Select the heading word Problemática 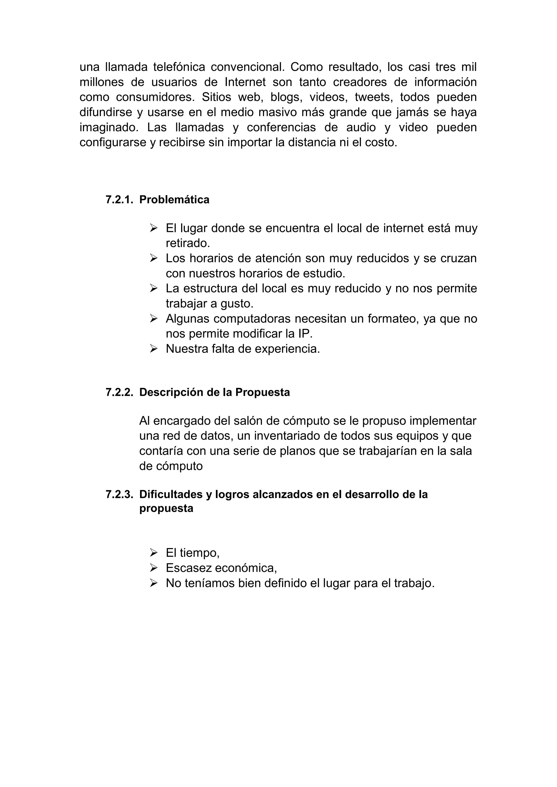pyautogui.click(x=174, y=200)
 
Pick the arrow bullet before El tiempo pyautogui.click(x=153, y=553)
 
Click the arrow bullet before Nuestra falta pyautogui.click(x=153, y=349)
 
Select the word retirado pyautogui.click(x=188, y=243)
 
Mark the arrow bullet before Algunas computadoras pyautogui.click(x=153, y=319)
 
